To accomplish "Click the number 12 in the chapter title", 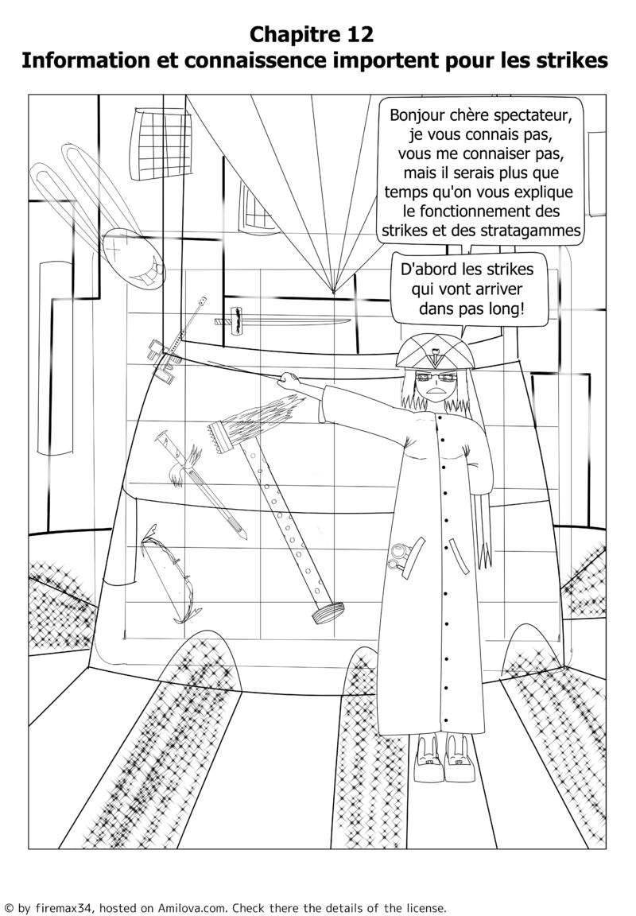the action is pos(358,34).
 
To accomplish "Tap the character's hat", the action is pos(435,351).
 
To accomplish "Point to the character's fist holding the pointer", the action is pos(287,380).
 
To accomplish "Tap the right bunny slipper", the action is pos(460,759).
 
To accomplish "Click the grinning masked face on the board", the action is pos(133,258).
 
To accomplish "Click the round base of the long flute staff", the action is pos(328,614).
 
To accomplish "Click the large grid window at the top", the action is pos(161,143).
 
